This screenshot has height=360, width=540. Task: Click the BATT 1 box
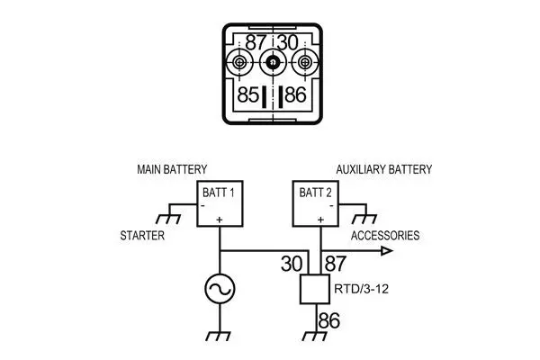pyautogui.click(x=220, y=202)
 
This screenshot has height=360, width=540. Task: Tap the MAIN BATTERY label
pyautogui.click(x=172, y=169)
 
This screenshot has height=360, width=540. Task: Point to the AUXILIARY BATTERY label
pyautogui.click(x=383, y=169)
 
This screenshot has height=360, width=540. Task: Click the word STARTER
pyautogui.click(x=142, y=236)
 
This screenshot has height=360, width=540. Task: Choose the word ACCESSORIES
pyautogui.click(x=385, y=236)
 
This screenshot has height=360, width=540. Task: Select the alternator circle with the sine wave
pyautogui.click(x=220, y=289)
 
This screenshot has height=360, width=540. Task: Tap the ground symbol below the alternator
pyautogui.click(x=220, y=336)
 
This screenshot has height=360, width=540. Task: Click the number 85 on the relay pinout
pyautogui.click(x=248, y=94)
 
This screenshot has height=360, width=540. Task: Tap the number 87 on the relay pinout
pyautogui.click(x=256, y=42)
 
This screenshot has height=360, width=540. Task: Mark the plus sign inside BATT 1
pyautogui.click(x=220, y=218)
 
